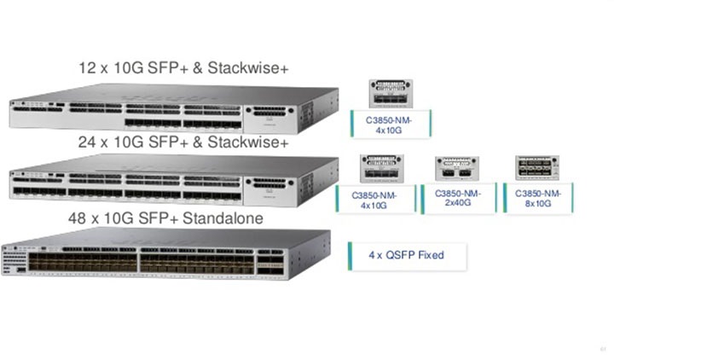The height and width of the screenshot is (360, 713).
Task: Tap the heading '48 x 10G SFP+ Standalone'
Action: pos(165,218)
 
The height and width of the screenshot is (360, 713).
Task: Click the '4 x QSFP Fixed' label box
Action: pos(407,255)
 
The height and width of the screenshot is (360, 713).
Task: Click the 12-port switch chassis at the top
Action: pos(171,109)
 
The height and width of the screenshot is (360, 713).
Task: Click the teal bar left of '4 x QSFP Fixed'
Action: pos(350,255)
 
